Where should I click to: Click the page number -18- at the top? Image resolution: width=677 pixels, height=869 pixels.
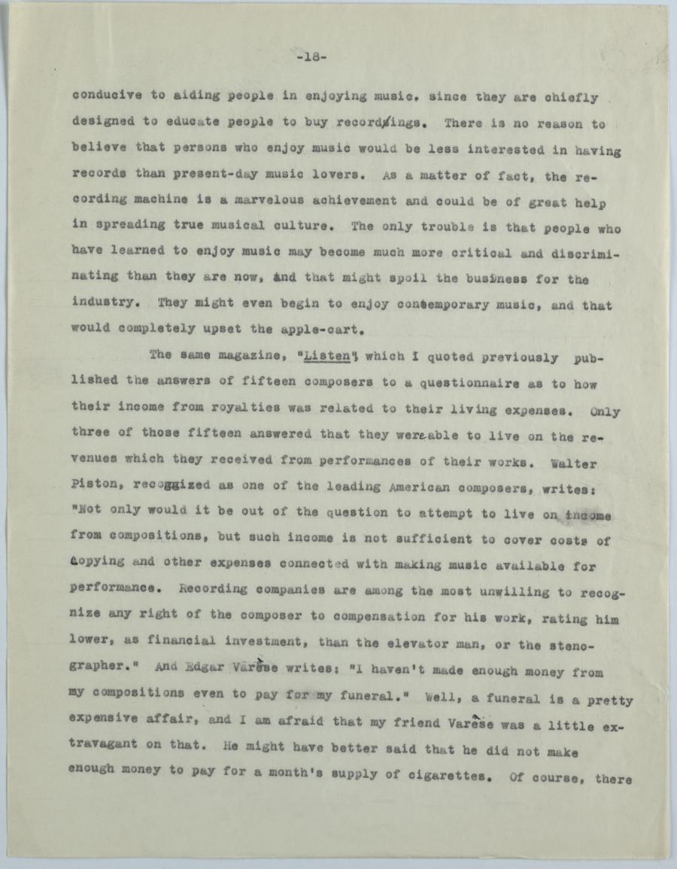pyautogui.click(x=311, y=56)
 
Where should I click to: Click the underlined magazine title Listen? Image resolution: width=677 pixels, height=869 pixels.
pyautogui.click(x=323, y=355)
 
